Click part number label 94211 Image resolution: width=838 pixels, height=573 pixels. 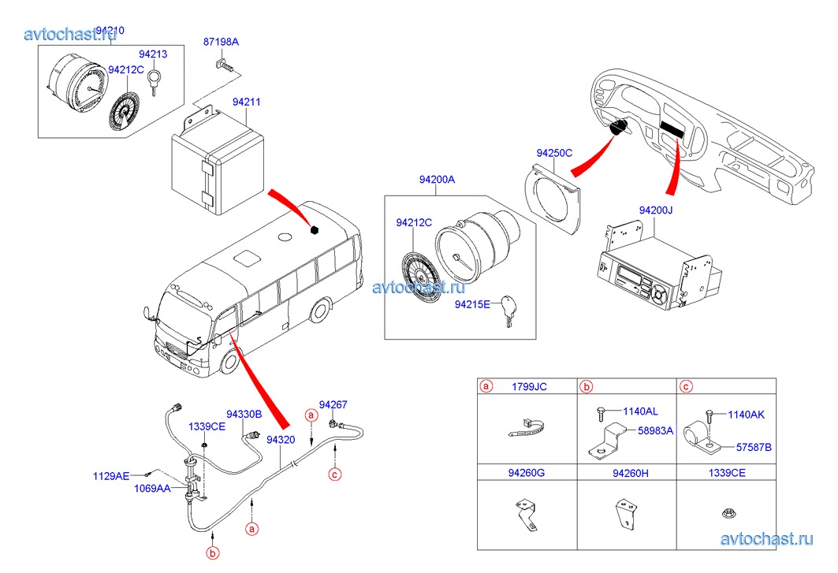coord(246,102)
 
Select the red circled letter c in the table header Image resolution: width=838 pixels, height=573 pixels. coord(686,386)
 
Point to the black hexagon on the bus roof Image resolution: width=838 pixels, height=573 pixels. coord(315,230)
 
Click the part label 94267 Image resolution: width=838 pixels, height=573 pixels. coord(333,404)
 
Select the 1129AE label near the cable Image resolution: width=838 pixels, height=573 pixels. coord(111,476)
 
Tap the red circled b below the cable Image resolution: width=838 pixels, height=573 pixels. coord(212,554)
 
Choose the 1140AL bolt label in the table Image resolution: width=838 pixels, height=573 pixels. coord(640,411)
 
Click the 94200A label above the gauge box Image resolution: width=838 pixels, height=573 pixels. coord(437,180)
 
